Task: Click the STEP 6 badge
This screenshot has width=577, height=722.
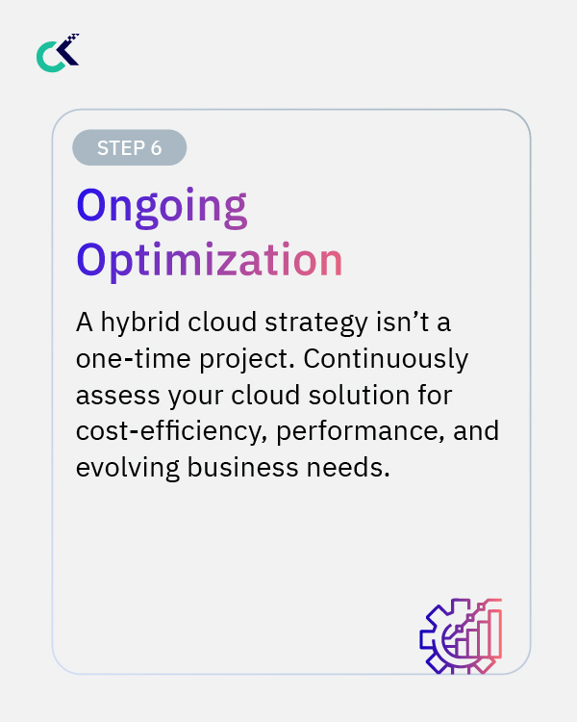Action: (129, 147)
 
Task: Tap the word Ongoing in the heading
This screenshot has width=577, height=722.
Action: (162, 207)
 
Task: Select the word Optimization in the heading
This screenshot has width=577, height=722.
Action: (210, 260)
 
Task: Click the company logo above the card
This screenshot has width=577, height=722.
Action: (58, 53)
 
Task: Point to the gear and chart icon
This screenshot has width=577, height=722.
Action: (461, 635)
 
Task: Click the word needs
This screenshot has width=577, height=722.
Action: (357, 468)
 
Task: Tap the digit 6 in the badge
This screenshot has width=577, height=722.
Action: (155, 147)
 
